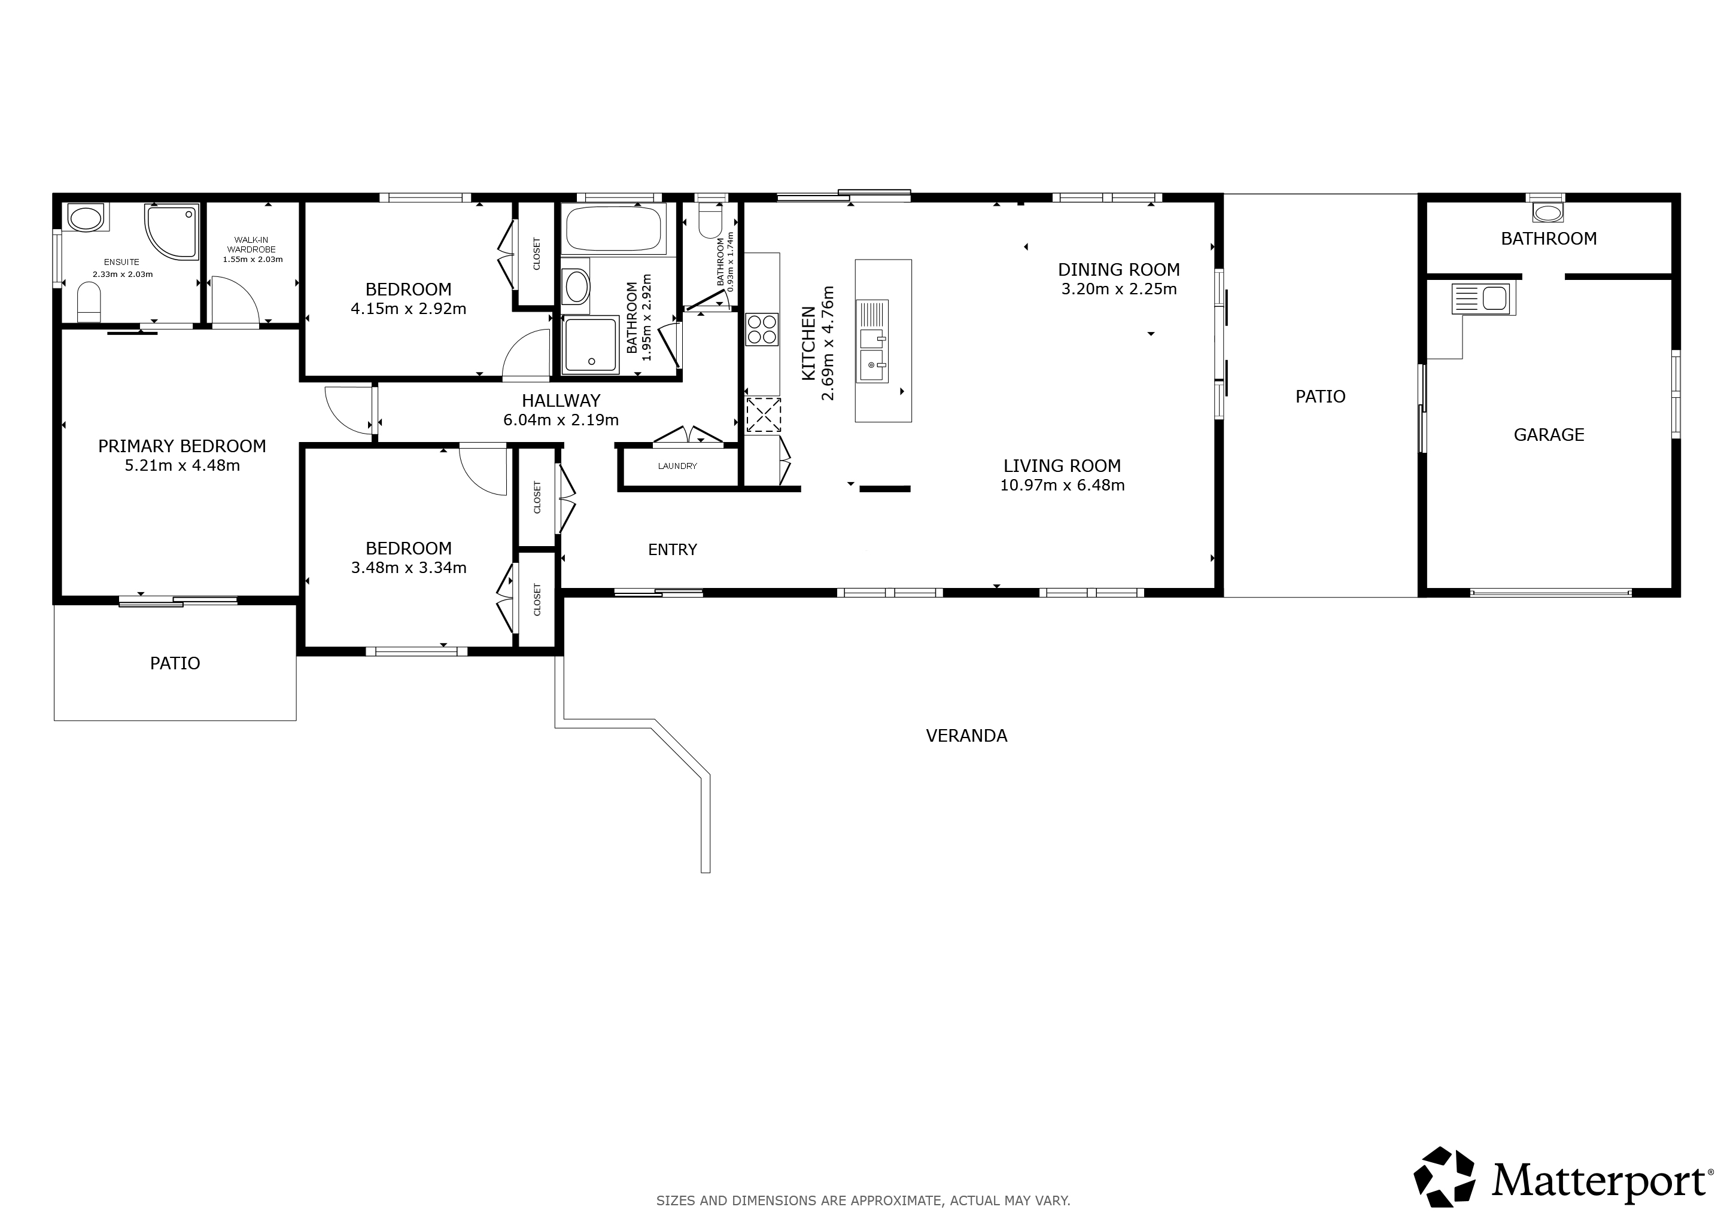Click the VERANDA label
coord(966,736)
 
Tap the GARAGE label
coord(1549,434)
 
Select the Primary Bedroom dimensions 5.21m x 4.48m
coord(182,465)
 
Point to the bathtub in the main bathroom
coord(615,228)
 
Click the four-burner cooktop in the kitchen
coord(762,330)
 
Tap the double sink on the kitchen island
coord(872,342)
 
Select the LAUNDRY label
coord(677,466)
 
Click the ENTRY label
coord(673,550)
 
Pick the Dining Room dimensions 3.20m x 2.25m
coord(1118,289)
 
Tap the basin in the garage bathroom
coord(1549,213)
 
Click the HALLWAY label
coord(561,401)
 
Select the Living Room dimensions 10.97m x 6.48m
coord(1062,485)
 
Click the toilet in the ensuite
coord(89,301)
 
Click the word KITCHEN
coord(808,343)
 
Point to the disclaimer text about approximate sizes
coord(863,1200)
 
